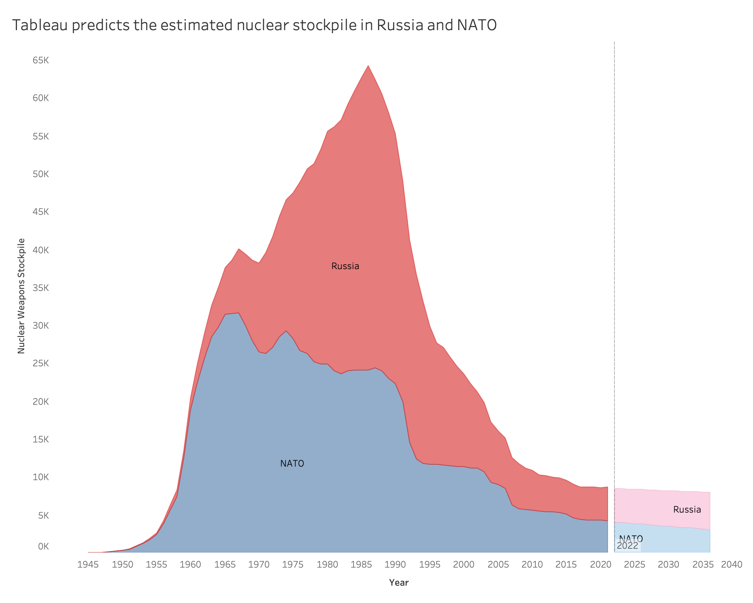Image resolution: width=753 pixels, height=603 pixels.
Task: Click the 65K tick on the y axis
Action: tap(41, 60)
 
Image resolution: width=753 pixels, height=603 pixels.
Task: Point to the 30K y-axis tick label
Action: tap(41, 326)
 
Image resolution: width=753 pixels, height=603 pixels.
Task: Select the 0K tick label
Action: tap(43, 546)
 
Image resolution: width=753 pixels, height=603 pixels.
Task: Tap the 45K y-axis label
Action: tap(41, 212)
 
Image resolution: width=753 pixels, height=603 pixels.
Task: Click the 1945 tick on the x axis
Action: tap(88, 565)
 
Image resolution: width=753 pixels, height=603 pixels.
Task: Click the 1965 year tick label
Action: tap(225, 565)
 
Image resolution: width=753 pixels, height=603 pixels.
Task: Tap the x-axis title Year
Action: tap(399, 583)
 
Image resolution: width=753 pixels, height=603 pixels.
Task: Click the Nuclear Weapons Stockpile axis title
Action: tap(21, 296)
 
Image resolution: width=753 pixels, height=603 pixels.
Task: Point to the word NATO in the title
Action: tap(477, 25)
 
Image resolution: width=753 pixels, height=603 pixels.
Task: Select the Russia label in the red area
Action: tap(345, 266)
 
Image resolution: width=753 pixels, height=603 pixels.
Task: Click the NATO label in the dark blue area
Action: tap(292, 464)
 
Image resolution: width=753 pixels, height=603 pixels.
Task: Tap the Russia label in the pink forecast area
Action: tap(687, 510)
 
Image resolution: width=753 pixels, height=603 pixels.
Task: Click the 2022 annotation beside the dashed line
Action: tap(628, 546)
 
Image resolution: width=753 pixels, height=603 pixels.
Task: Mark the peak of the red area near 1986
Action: tap(368, 66)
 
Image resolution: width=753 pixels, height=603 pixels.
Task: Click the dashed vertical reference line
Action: tap(614, 264)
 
